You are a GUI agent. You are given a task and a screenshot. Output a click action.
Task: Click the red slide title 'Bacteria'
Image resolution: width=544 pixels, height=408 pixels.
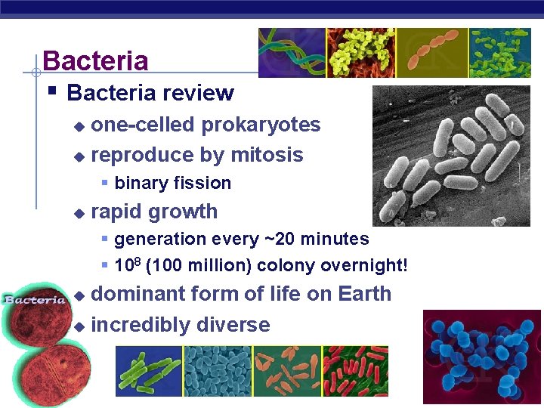[x=95, y=60]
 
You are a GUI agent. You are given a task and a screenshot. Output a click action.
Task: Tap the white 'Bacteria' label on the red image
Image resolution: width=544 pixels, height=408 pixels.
[x=35, y=300]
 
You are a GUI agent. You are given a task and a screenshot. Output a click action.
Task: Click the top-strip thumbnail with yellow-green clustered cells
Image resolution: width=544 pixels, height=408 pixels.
[x=360, y=53]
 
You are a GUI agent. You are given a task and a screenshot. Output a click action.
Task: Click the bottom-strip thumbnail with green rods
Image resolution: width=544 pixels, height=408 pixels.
[x=149, y=371]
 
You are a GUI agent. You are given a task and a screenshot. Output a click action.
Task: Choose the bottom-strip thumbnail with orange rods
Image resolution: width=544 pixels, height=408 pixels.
[x=286, y=371]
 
